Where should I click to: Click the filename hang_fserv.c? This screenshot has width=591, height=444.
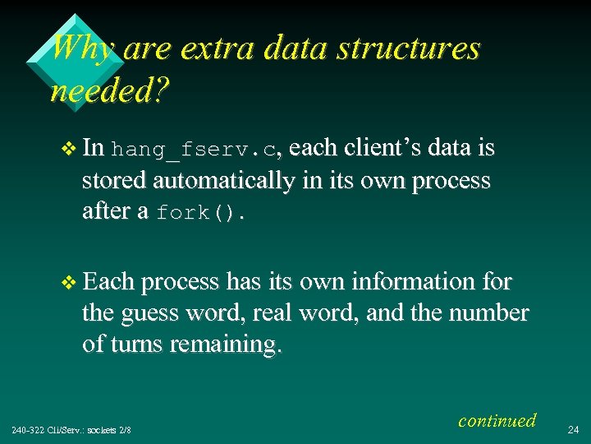click(195, 150)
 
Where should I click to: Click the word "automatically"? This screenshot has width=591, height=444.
click(224, 181)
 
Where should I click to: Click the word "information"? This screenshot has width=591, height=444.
click(409, 283)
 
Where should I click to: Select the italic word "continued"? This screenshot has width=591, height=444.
click(497, 421)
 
